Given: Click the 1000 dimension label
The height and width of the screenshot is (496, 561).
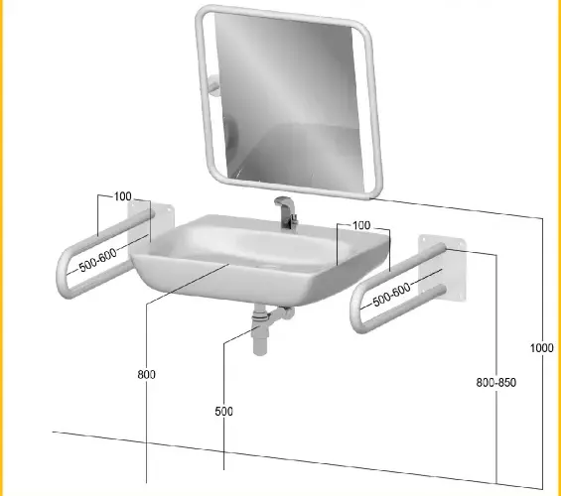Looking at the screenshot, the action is click(541, 348).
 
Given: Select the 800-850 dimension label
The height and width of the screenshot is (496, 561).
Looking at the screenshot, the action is click(495, 382).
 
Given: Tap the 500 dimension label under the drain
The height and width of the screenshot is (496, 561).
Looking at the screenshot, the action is click(224, 412).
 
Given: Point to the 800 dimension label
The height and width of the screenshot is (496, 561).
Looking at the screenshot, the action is click(146, 375).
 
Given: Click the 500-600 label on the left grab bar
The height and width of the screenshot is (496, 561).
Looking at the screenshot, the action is click(97, 260).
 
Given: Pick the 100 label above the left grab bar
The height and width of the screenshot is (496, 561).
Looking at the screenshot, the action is click(123, 196).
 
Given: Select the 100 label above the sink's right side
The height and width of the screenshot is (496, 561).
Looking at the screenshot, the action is click(361, 225).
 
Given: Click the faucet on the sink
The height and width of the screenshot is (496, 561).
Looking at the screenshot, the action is click(287, 212).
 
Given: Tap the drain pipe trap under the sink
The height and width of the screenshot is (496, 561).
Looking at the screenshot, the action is click(273, 316).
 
